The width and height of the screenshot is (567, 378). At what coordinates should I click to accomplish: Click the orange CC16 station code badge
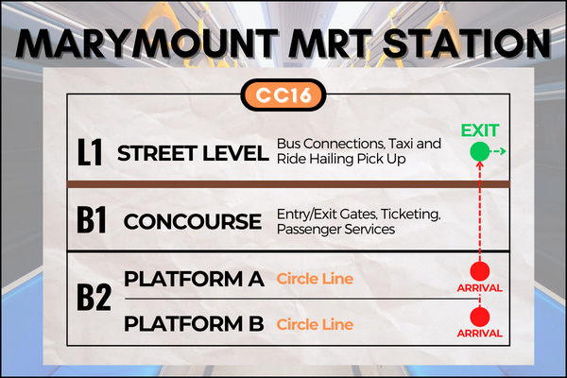click(x=283, y=94)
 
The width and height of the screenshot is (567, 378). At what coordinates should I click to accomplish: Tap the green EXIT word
click(x=480, y=130)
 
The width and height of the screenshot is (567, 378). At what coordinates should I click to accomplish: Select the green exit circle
click(x=480, y=151)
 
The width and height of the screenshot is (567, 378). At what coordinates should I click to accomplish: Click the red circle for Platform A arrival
click(x=480, y=271)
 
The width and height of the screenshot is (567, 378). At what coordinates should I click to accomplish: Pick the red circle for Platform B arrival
click(x=480, y=317)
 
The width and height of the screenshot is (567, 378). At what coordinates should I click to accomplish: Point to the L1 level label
click(x=90, y=153)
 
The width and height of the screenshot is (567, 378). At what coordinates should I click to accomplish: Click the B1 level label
click(x=92, y=220)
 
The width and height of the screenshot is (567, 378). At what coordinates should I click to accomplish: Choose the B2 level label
click(x=94, y=298)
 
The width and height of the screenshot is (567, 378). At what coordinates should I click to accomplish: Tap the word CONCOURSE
click(x=193, y=221)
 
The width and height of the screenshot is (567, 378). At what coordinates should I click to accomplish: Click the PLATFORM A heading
click(x=194, y=279)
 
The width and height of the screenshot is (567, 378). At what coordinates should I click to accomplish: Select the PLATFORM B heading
click(x=194, y=324)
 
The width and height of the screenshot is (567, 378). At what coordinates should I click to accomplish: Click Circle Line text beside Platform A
click(x=315, y=279)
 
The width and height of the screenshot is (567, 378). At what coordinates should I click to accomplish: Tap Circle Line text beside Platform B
click(x=315, y=324)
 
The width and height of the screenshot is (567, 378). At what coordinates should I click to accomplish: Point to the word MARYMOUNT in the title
click(x=146, y=43)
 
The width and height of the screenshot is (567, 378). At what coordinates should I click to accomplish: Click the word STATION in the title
click(x=467, y=43)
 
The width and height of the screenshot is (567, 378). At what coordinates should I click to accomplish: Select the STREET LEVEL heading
click(x=193, y=153)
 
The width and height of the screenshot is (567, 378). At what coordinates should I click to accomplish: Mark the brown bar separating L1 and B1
click(x=288, y=184)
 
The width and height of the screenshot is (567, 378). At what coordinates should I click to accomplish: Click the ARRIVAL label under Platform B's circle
click(x=480, y=334)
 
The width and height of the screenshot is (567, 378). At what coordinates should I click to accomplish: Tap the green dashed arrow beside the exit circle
click(x=498, y=151)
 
